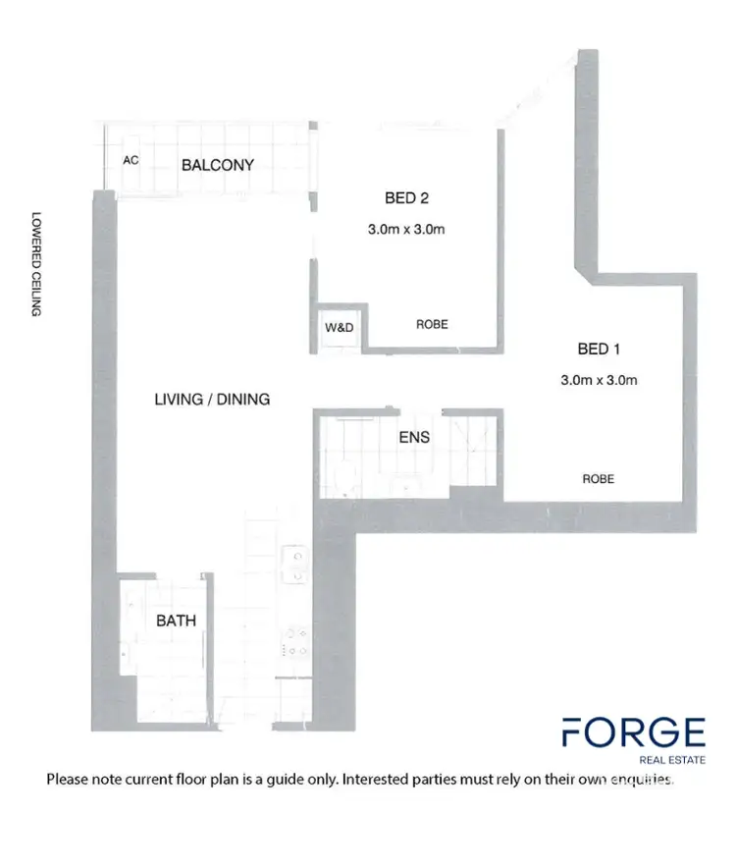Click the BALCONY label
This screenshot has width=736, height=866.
(217, 165)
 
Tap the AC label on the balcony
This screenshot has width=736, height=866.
(130, 160)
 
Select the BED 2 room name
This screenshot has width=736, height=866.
(406, 197)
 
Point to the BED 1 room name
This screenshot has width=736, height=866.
(599, 348)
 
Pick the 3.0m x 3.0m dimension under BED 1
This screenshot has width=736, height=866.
(599, 380)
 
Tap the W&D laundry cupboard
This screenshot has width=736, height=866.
(339, 327)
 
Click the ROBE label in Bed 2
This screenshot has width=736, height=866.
(432, 324)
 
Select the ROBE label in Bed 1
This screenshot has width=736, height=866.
(598, 479)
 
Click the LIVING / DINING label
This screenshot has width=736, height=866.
(212, 400)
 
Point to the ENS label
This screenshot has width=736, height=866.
(413, 438)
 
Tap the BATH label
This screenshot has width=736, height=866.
(177, 621)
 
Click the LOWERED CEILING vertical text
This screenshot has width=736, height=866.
(36, 264)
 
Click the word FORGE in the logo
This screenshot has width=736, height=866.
(633, 733)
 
